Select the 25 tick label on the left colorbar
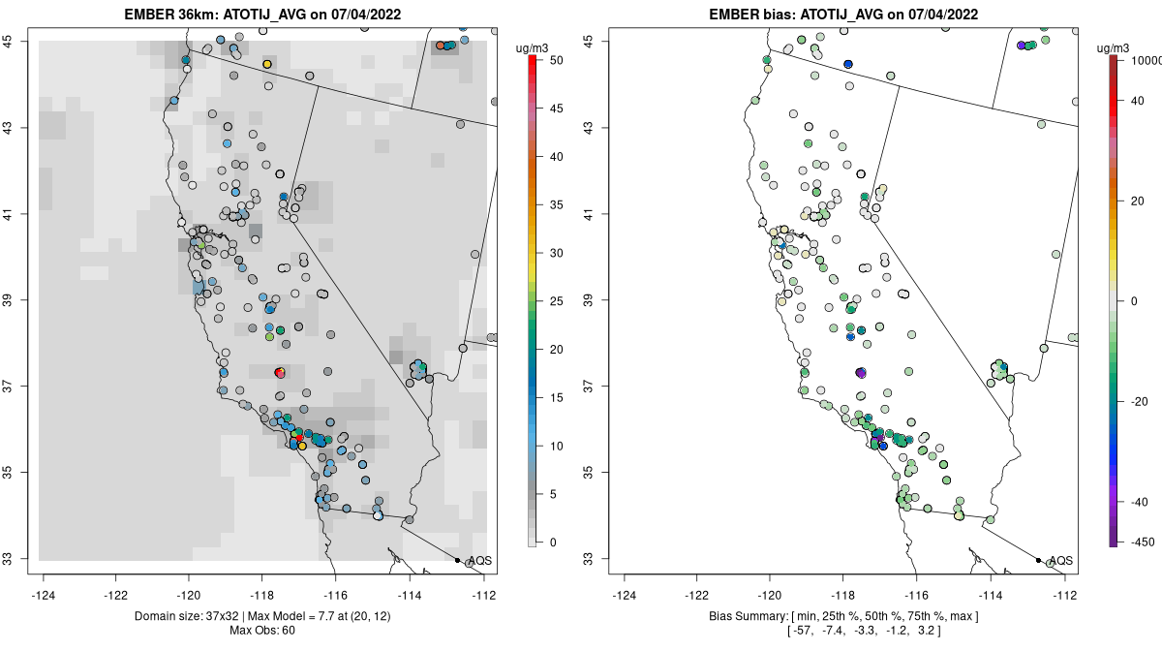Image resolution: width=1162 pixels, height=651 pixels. [x=556, y=301]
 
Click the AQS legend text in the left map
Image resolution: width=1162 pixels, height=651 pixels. [x=480, y=561]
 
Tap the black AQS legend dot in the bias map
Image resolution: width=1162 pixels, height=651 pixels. [x=1038, y=560]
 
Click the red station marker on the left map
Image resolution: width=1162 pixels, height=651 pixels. [x=279, y=372]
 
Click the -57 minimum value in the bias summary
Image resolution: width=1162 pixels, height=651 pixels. [x=802, y=631]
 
